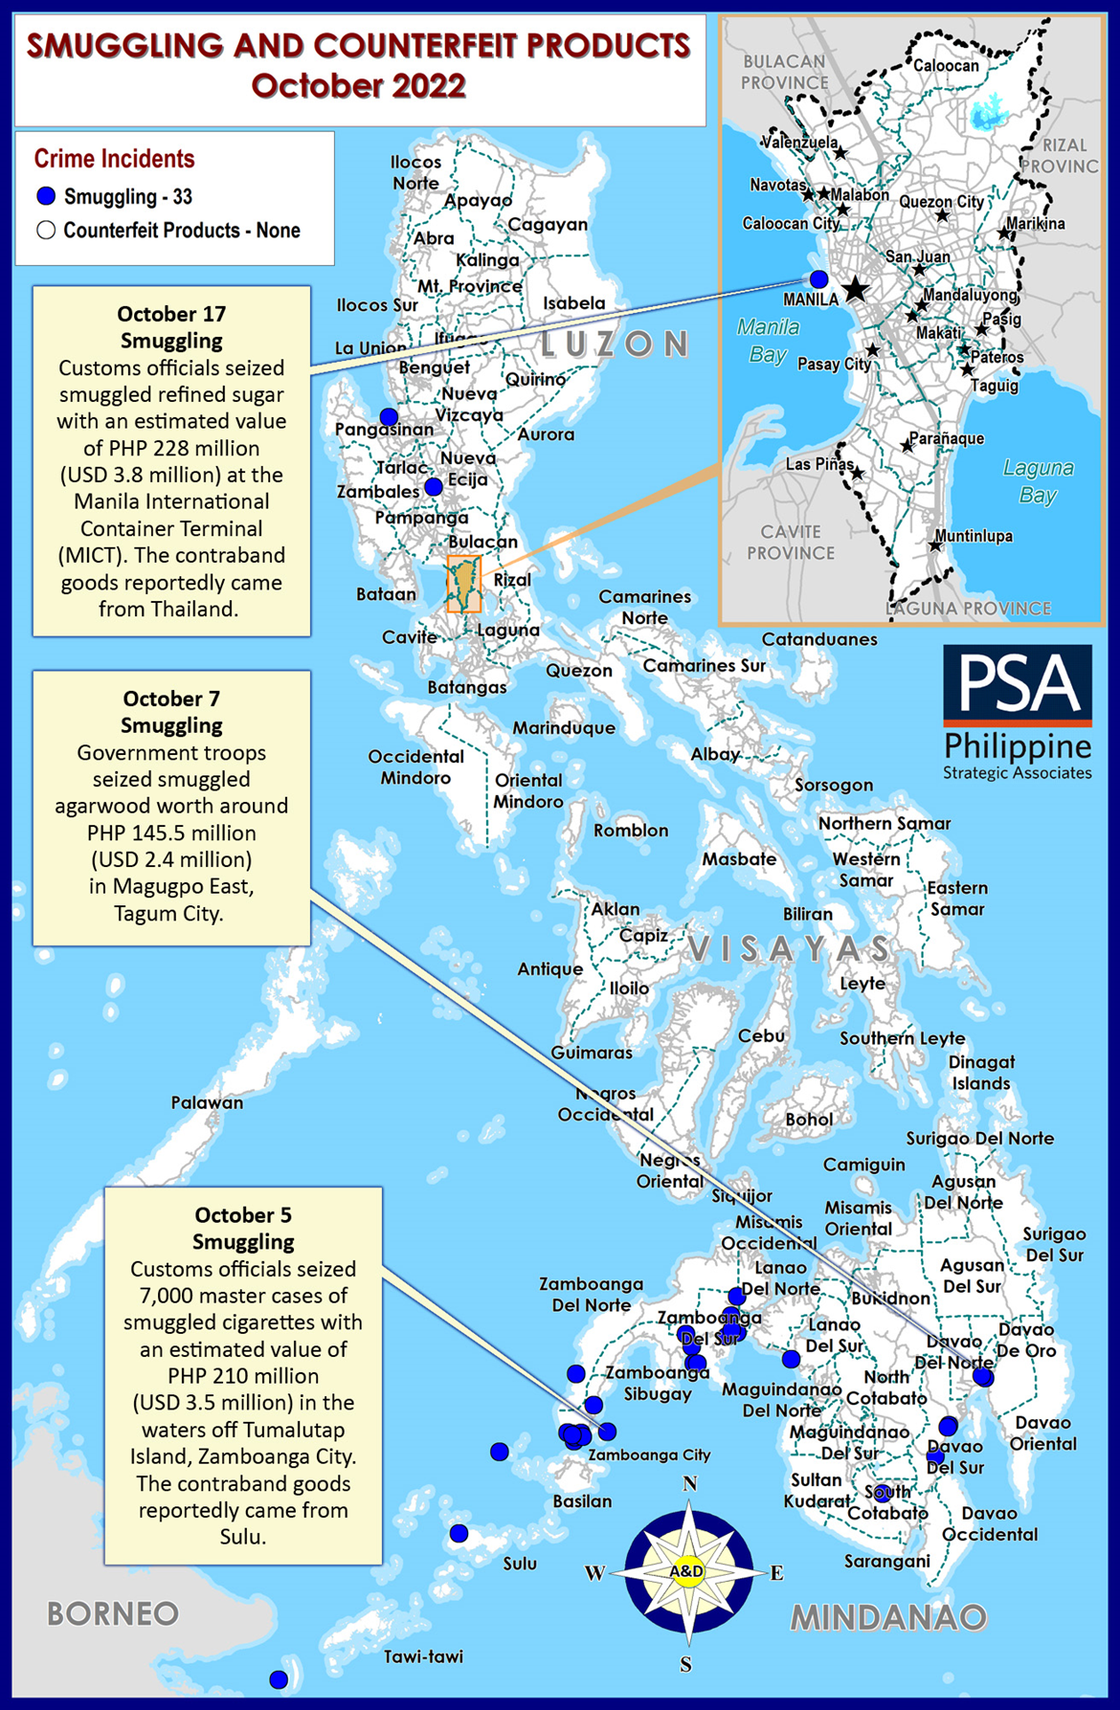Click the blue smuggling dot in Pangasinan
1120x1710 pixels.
pos(389,417)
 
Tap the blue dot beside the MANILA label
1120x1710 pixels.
pos(818,279)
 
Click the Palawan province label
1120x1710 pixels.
pos(207,1102)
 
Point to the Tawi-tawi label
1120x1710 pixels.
pos(423,1656)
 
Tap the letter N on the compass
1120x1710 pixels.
pos(689,1484)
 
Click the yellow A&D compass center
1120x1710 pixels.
pos(687,1570)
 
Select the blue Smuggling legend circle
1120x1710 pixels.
pos(46,197)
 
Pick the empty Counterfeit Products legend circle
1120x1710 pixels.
pos(46,231)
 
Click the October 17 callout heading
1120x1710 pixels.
pos(171,314)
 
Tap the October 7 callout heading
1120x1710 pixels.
pos(171,699)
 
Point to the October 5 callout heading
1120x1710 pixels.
pos(243,1215)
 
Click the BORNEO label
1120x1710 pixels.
pos(113,1613)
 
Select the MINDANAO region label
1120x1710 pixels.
pos(888,1617)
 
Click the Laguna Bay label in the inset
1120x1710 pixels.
pos(1038,481)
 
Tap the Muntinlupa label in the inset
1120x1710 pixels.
pos(974,536)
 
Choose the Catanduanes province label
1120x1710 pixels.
pos(819,639)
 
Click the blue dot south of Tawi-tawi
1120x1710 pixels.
pos(279,1679)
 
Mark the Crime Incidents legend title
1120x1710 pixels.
pos(114,159)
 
